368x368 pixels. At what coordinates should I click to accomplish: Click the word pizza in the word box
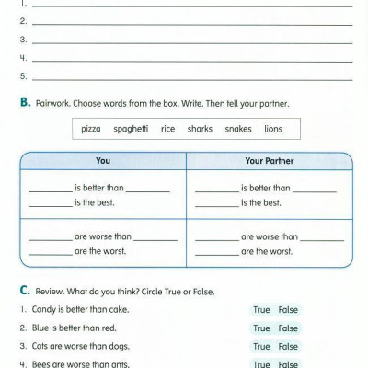click(x=91, y=129)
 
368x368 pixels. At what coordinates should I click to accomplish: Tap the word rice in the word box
click(x=167, y=129)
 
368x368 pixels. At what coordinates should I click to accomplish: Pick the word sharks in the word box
click(x=200, y=129)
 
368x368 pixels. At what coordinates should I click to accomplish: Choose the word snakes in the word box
click(x=238, y=129)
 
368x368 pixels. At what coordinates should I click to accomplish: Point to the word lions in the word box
click(x=273, y=129)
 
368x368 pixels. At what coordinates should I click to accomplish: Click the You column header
click(x=103, y=161)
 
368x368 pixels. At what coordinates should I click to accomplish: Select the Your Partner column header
click(x=269, y=161)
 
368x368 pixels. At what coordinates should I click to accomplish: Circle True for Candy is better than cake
click(x=261, y=310)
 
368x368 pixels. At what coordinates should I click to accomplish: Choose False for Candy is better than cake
click(x=289, y=310)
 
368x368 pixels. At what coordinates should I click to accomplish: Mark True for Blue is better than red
click(x=261, y=328)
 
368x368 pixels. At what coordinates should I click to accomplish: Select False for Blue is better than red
click(x=289, y=328)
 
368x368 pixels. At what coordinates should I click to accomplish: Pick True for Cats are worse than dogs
click(x=261, y=347)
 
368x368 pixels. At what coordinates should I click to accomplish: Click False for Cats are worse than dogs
click(x=289, y=347)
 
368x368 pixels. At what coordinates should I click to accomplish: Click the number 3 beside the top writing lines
click(x=22, y=40)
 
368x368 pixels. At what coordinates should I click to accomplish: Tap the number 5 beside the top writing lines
click(x=22, y=76)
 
